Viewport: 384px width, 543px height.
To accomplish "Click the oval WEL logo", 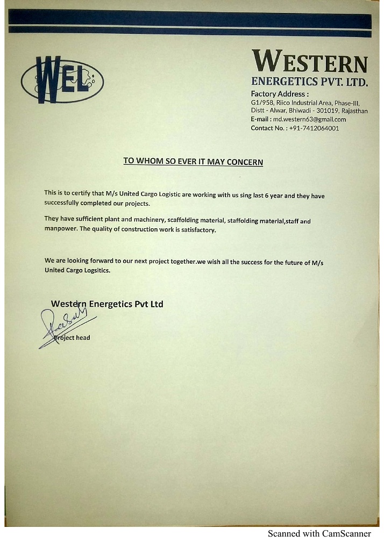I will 62,80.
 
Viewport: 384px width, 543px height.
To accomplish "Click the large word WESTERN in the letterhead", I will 310,61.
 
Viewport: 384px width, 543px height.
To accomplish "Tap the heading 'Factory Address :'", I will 280,93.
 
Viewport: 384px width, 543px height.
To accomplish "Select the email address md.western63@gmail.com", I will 313,119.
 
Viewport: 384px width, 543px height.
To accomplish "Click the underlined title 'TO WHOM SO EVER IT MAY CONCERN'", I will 193,161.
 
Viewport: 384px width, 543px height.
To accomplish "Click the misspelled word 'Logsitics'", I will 95,270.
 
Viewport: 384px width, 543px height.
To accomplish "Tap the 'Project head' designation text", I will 73,338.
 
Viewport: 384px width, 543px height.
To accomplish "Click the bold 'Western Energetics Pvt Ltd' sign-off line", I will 106,304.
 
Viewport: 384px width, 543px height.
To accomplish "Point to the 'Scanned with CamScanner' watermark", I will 319,534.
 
